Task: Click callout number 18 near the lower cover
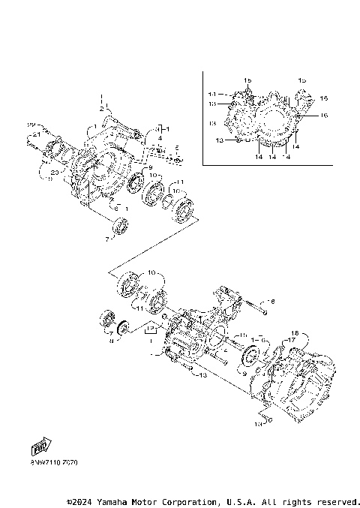coord(295,332)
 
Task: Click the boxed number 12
coord(150,329)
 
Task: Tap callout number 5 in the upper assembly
coord(177,148)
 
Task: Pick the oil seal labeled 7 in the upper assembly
coord(119,224)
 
